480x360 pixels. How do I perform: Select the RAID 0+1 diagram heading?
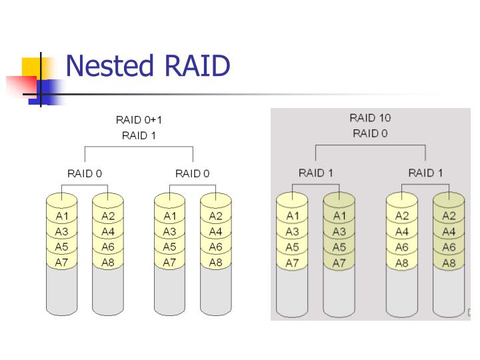pos(139,120)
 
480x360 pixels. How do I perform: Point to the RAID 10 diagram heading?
pos(370,118)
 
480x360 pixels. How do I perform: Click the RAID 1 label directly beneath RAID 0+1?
pos(139,136)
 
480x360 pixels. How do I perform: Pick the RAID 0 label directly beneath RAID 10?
pos(370,133)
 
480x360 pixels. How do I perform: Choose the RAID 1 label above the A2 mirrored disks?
pos(425,173)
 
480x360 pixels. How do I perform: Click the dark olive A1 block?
pos(339,215)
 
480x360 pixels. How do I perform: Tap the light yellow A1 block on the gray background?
pos(292,215)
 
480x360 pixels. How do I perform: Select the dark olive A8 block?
pos(449,263)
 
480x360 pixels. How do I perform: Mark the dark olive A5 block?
pos(339,247)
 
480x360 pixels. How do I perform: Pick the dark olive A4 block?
pos(449,231)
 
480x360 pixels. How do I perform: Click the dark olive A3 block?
pos(339,231)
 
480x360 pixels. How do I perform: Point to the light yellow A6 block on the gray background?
pos(402,247)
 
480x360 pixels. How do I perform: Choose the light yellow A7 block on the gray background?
pos(292,263)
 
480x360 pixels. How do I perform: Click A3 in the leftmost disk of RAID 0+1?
pos(62,231)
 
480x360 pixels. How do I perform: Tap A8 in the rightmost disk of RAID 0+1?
pos(215,263)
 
